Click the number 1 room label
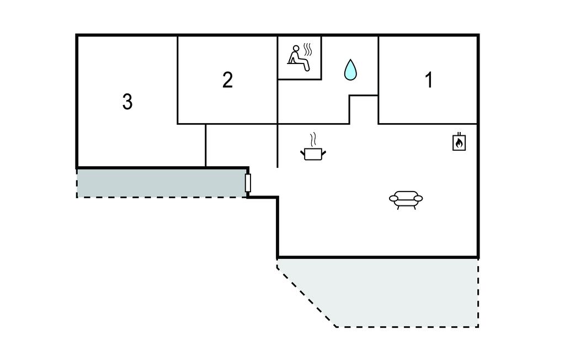[x=429, y=81]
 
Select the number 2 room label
[x=227, y=81]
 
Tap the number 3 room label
[x=127, y=102]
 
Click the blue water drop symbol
[x=350, y=70]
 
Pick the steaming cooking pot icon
[x=313, y=152]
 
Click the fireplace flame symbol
[x=459, y=142]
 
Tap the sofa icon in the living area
[x=406, y=199]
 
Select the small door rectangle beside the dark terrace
[x=248, y=183]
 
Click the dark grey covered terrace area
[x=160, y=183]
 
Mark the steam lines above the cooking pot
[x=313, y=137]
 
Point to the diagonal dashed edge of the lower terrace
[x=306, y=296]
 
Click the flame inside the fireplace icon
[x=459, y=144]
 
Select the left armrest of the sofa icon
[x=393, y=198]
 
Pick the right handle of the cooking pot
[x=325, y=150]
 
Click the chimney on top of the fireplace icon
[x=459, y=134]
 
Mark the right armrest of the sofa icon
[x=418, y=198]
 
